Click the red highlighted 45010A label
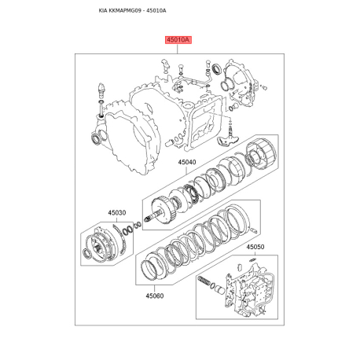coord(178,40)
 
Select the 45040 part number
coord(187,162)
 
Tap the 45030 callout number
coord(117,213)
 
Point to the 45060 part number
coord(155,296)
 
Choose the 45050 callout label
coord(255,247)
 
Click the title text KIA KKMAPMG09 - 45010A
coord(132,11)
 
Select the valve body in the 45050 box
coord(250,290)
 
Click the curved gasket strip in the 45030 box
coord(121,239)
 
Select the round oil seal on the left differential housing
coord(95,139)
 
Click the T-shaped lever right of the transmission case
coord(227,138)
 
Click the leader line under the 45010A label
coord(178,49)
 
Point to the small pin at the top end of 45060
coord(254,230)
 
